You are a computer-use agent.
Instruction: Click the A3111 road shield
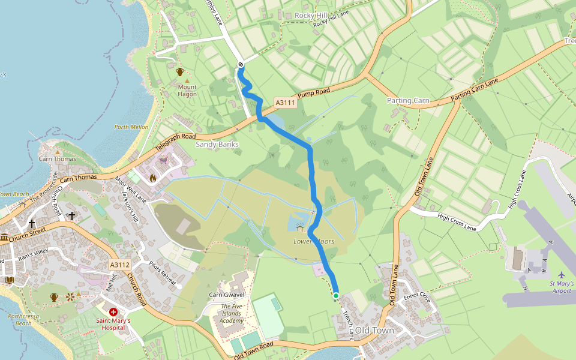pos(286,103)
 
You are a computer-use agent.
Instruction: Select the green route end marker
pos(336,295)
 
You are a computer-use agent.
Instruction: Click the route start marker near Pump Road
pos(241,64)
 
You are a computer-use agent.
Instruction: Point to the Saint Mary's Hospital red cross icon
pos(113,312)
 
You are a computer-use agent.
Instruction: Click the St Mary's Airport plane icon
pos(561,274)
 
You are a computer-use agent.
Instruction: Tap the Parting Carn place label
pos(408,101)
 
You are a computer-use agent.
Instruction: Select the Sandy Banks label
pos(217,145)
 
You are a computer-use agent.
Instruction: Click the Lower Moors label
pos(309,241)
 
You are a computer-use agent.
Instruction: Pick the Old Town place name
pos(374,331)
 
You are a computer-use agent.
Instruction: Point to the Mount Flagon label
pos(187,91)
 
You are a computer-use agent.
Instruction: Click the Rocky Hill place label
pos(311,15)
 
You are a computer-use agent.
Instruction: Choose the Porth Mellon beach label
pos(131,127)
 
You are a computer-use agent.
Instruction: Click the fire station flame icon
pos(153,178)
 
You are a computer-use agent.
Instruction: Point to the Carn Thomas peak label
pos(58,159)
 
